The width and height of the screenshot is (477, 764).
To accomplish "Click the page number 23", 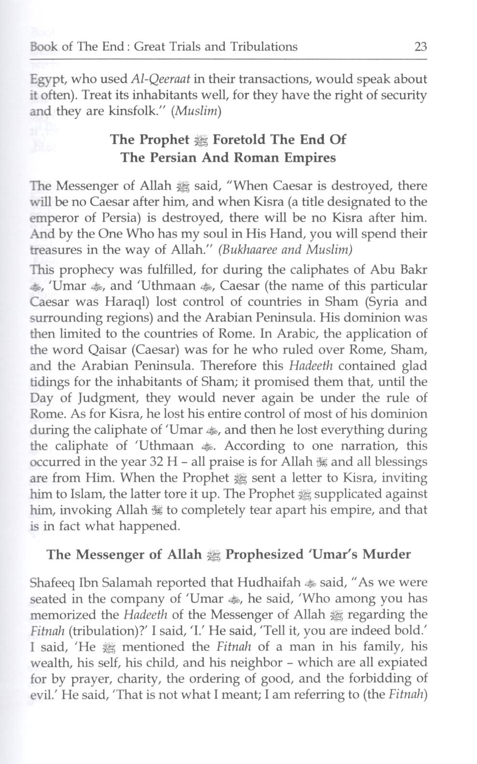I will pyautogui.click(x=420, y=47).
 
